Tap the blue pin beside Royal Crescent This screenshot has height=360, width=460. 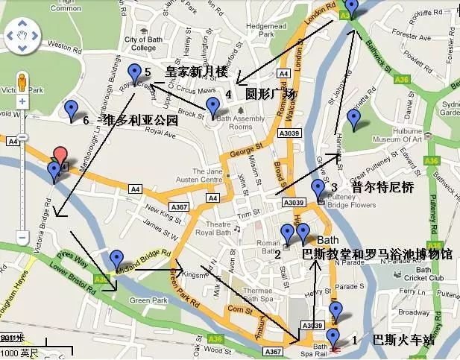coord(135,72)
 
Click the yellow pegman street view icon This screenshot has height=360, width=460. coord(22,81)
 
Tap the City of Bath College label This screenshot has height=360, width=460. coord(139,43)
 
